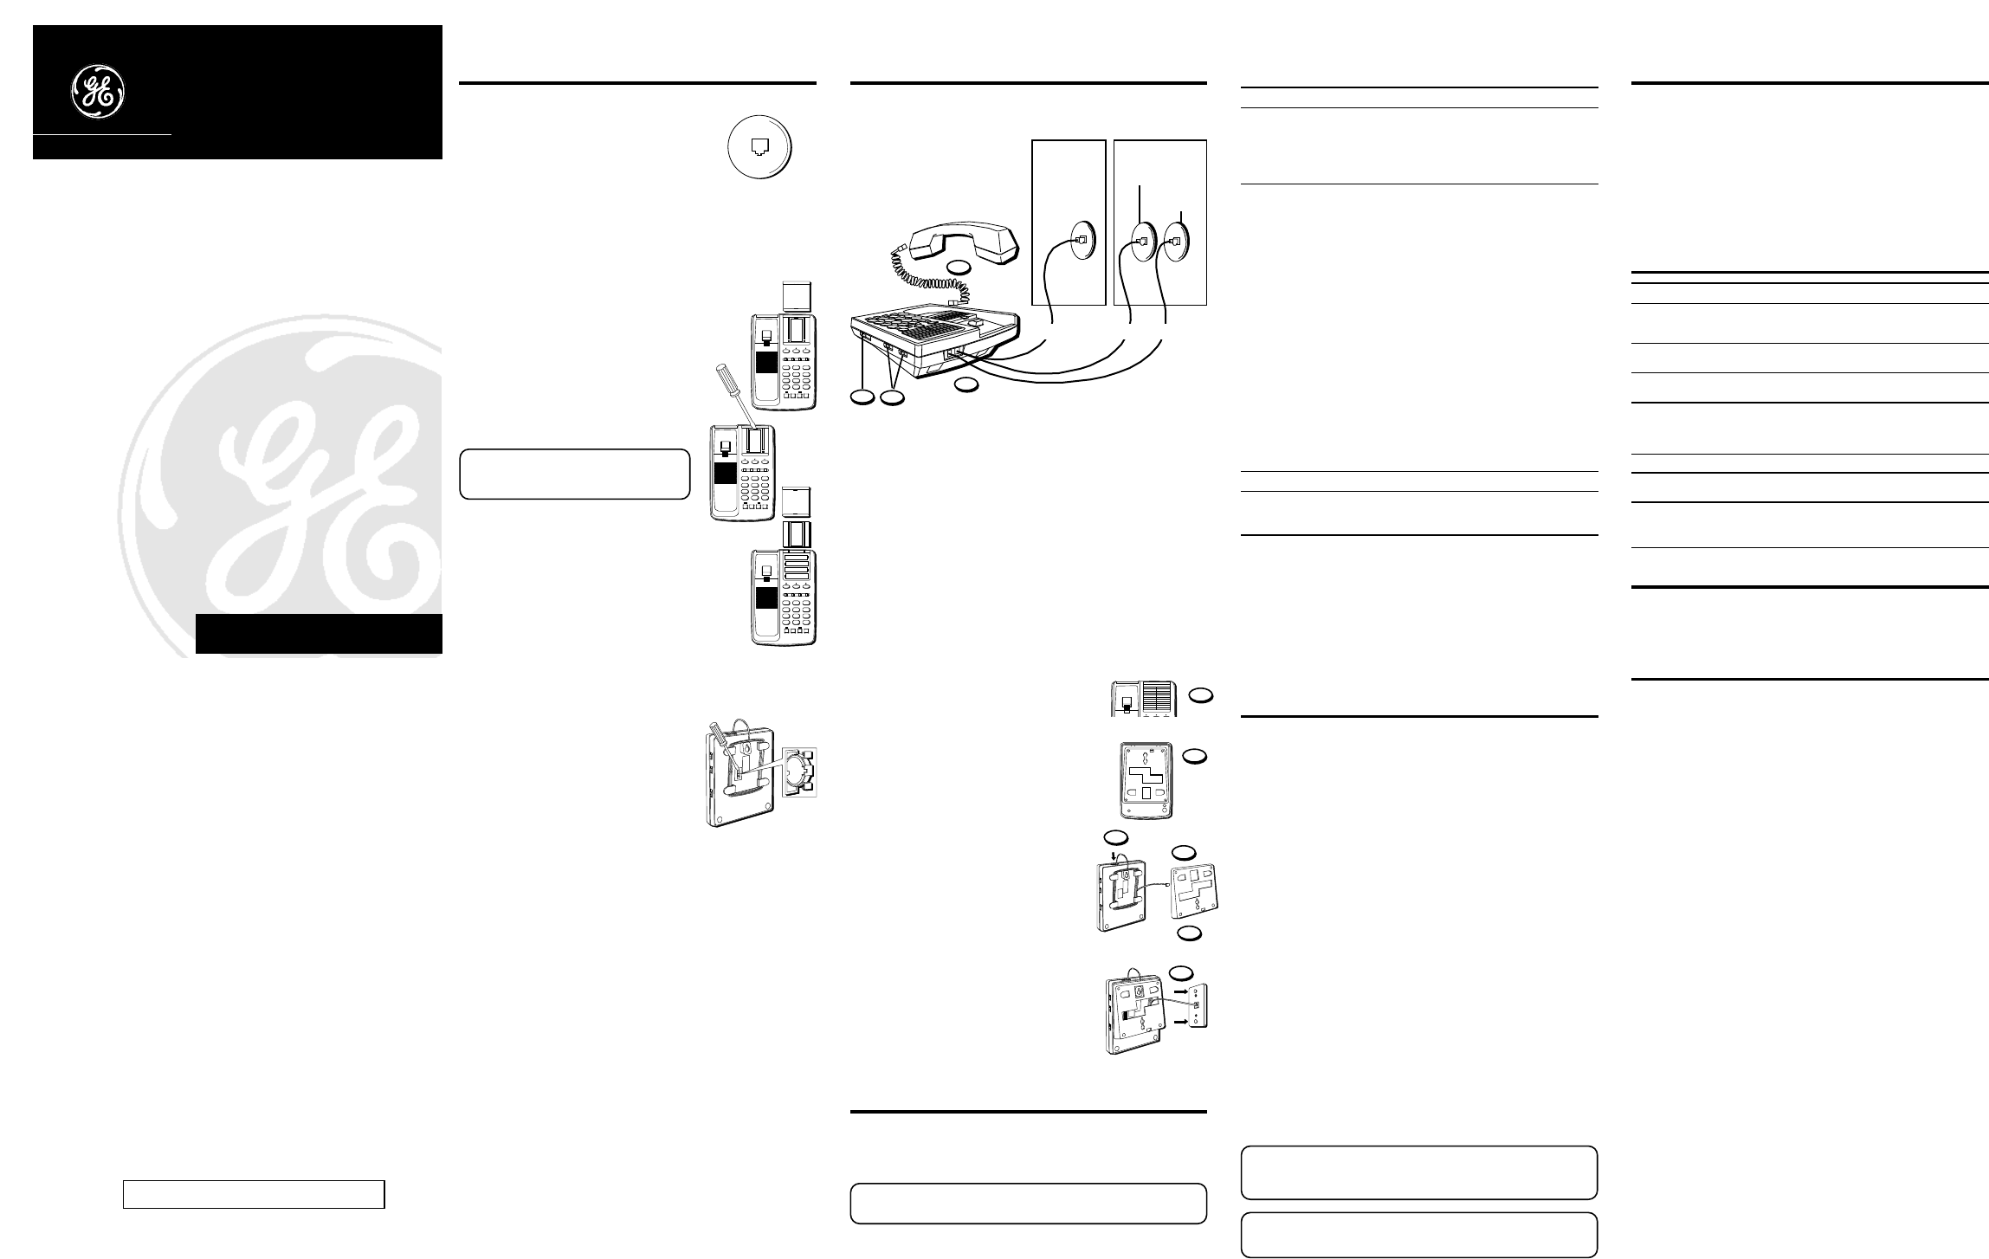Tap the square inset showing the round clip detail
click(x=798, y=772)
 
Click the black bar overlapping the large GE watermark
click(x=319, y=634)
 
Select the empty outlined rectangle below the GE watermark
click(x=254, y=1193)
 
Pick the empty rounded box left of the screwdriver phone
click(x=574, y=474)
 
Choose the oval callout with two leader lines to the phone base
click(x=892, y=397)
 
